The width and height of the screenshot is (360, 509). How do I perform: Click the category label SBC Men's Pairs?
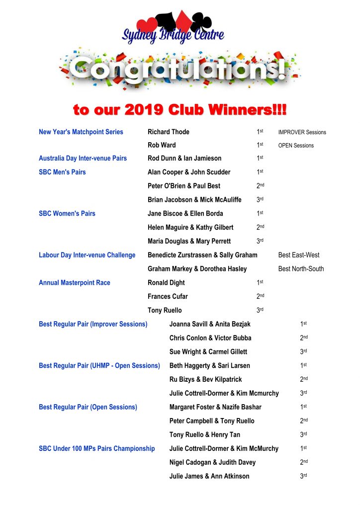62,172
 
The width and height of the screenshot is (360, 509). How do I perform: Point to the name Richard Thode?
169,132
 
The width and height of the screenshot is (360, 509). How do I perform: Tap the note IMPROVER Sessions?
302,132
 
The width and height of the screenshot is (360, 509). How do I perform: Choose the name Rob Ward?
162,145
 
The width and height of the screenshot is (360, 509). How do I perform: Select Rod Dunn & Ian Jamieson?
184,159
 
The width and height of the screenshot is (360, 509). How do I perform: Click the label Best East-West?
299,255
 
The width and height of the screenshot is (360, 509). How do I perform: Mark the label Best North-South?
301,269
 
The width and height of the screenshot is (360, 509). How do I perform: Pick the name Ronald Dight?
166,283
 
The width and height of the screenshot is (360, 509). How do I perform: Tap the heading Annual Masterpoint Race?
75,283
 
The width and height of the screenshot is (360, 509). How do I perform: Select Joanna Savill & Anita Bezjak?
210,324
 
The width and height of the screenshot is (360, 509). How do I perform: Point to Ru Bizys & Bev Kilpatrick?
205,379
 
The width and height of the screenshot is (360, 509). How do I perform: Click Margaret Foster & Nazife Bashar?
215,407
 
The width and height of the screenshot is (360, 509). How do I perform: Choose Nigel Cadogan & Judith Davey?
212,462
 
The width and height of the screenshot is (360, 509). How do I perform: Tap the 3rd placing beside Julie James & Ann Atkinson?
303,476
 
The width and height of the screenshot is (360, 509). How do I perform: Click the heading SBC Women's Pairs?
67,214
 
